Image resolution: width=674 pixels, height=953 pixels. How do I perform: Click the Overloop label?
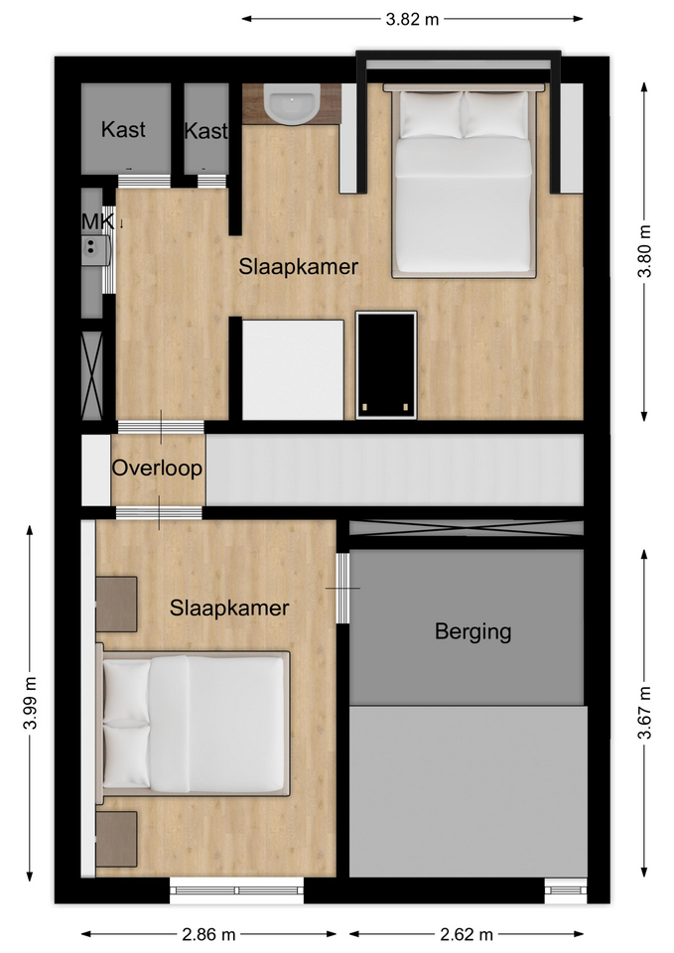(x=157, y=468)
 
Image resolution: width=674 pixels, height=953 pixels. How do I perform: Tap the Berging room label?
(x=472, y=631)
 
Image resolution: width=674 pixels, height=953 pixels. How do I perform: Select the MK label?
(x=97, y=221)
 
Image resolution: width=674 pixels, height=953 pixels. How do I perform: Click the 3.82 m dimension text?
(x=412, y=19)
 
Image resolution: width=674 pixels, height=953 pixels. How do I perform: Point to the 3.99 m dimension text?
(x=31, y=703)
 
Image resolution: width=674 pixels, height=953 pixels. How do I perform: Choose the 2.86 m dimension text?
(x=208, y=933)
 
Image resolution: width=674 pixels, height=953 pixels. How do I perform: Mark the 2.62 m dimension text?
(x=467, y=933)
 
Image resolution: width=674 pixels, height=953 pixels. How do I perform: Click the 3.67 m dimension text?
(x=644, y=713)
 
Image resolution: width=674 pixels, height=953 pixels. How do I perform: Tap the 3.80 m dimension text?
(x=644, y=251)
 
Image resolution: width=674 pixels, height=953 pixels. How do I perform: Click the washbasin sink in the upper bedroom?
(x=292, y=104)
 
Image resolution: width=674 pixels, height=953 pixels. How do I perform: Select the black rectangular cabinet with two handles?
(x=386, y=364)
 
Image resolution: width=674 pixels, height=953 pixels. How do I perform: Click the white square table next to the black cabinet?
(x=293, y=369)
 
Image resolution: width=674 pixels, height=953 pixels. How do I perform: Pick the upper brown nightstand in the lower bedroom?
(x=116, y=605)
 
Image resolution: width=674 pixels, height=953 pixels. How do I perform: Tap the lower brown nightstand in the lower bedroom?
(x=116, y=840)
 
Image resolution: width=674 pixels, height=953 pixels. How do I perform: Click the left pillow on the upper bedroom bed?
(x=431, y=114)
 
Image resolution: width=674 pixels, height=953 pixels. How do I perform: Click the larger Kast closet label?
(x=123, y=129)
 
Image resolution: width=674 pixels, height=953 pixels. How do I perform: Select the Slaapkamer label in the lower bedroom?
(x=229, y=608)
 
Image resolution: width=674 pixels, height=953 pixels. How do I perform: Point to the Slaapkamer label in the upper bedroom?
(x=299, y=266)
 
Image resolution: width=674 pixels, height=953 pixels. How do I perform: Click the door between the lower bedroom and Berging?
(x=342, y=588)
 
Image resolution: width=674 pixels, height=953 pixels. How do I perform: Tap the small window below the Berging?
(x=566, y=889)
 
